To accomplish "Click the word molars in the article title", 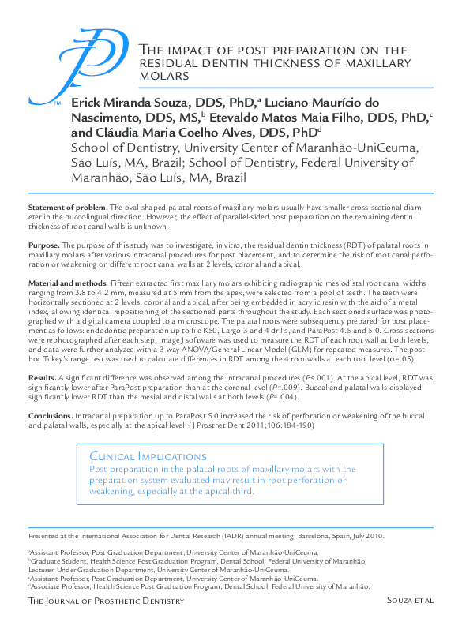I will tap(159, 76).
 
